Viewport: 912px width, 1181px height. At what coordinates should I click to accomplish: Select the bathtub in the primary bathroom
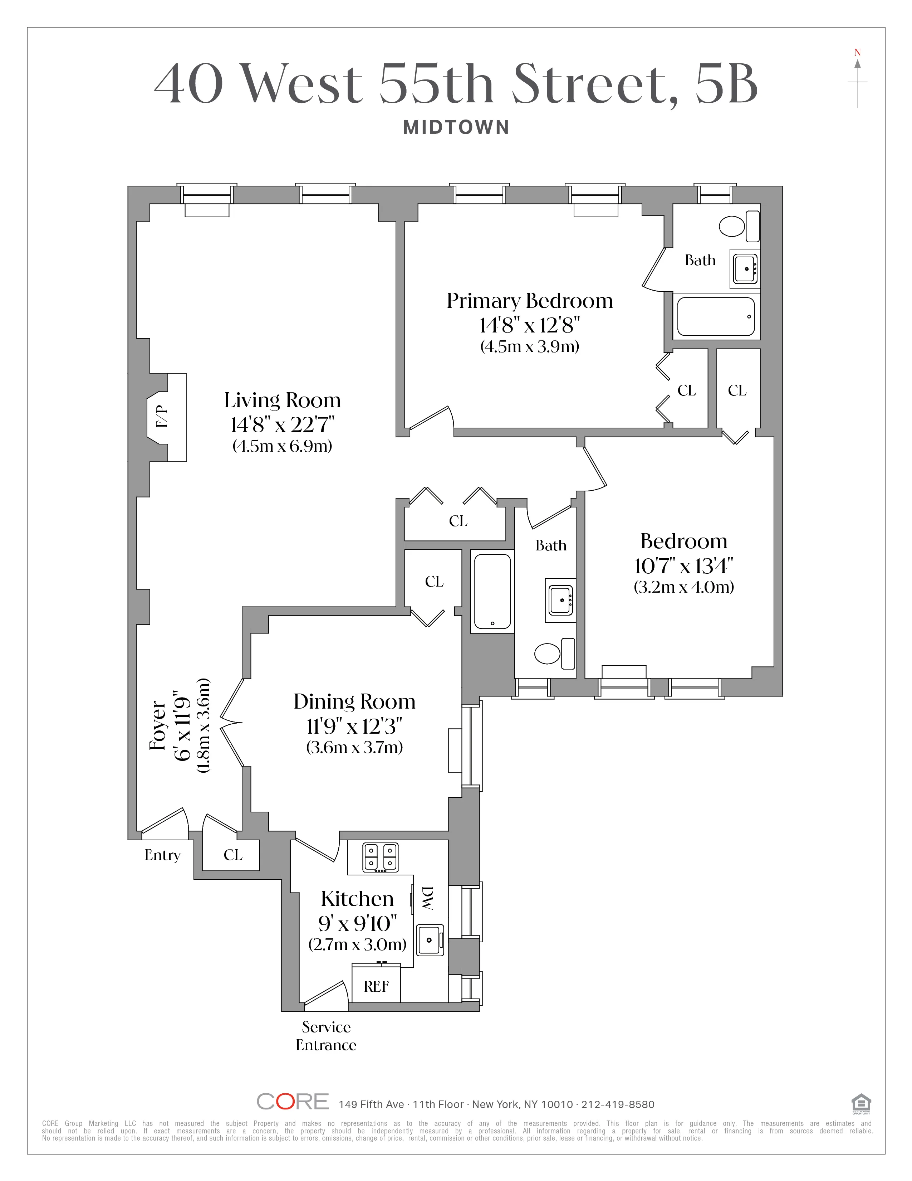(716, 316)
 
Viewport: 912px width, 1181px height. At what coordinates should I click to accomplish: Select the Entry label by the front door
(162, 855)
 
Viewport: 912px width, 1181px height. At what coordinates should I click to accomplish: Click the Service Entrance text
(326, 1036)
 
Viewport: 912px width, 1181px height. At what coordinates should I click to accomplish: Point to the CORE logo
(292, 1102)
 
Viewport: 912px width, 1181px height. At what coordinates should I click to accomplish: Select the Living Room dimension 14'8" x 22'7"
(283, 424)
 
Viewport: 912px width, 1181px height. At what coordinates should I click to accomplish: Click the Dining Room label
(354, 701)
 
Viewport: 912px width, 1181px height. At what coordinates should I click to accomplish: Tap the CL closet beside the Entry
(233, 855)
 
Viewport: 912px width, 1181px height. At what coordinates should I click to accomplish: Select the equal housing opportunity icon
(860, 1103)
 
